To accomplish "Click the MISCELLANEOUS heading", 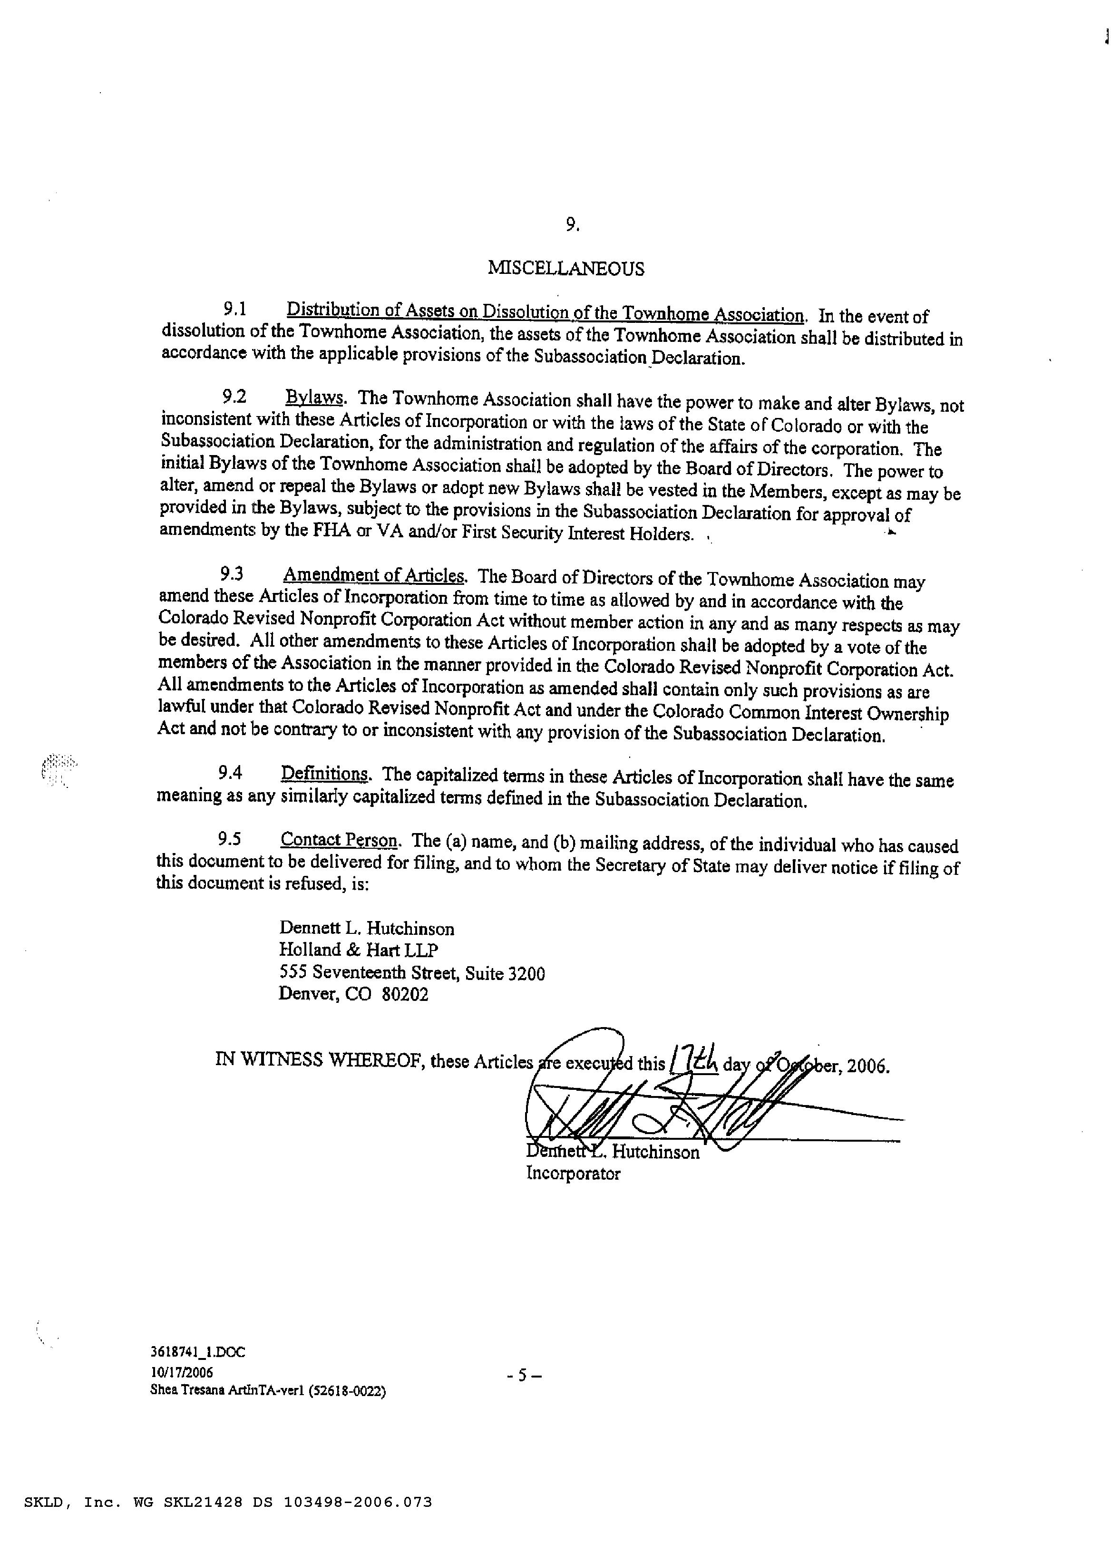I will click(566, 269).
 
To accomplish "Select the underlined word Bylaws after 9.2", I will click(314, 398).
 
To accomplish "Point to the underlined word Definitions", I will click(325, 774).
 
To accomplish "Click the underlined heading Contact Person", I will click(339, 840).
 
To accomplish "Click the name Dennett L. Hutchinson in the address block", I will click(366, 929).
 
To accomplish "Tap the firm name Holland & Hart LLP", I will click(359, 950).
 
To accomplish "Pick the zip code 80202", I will click(405, 994).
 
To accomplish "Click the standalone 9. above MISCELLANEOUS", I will click(573, 225).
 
